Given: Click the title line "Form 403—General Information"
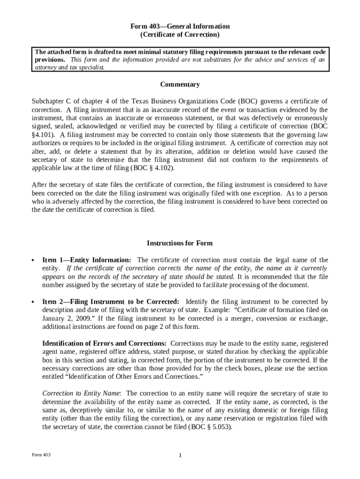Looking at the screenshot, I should [180, 27].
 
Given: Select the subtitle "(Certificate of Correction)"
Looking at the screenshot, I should [180, 35].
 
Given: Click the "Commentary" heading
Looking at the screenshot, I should [180, 85].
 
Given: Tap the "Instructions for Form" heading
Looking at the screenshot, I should [180, 243].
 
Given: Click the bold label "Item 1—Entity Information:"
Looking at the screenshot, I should [86, 260].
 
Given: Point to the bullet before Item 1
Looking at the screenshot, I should [33, 261].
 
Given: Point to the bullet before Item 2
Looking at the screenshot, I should [33, 302].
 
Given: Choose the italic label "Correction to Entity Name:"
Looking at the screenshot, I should [82, 393].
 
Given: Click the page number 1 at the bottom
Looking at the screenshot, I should [180, 456].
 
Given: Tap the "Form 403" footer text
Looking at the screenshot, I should [41, 455].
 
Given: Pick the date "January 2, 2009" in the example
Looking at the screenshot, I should [64, 319].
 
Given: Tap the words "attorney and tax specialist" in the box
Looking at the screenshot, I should [68, 67].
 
